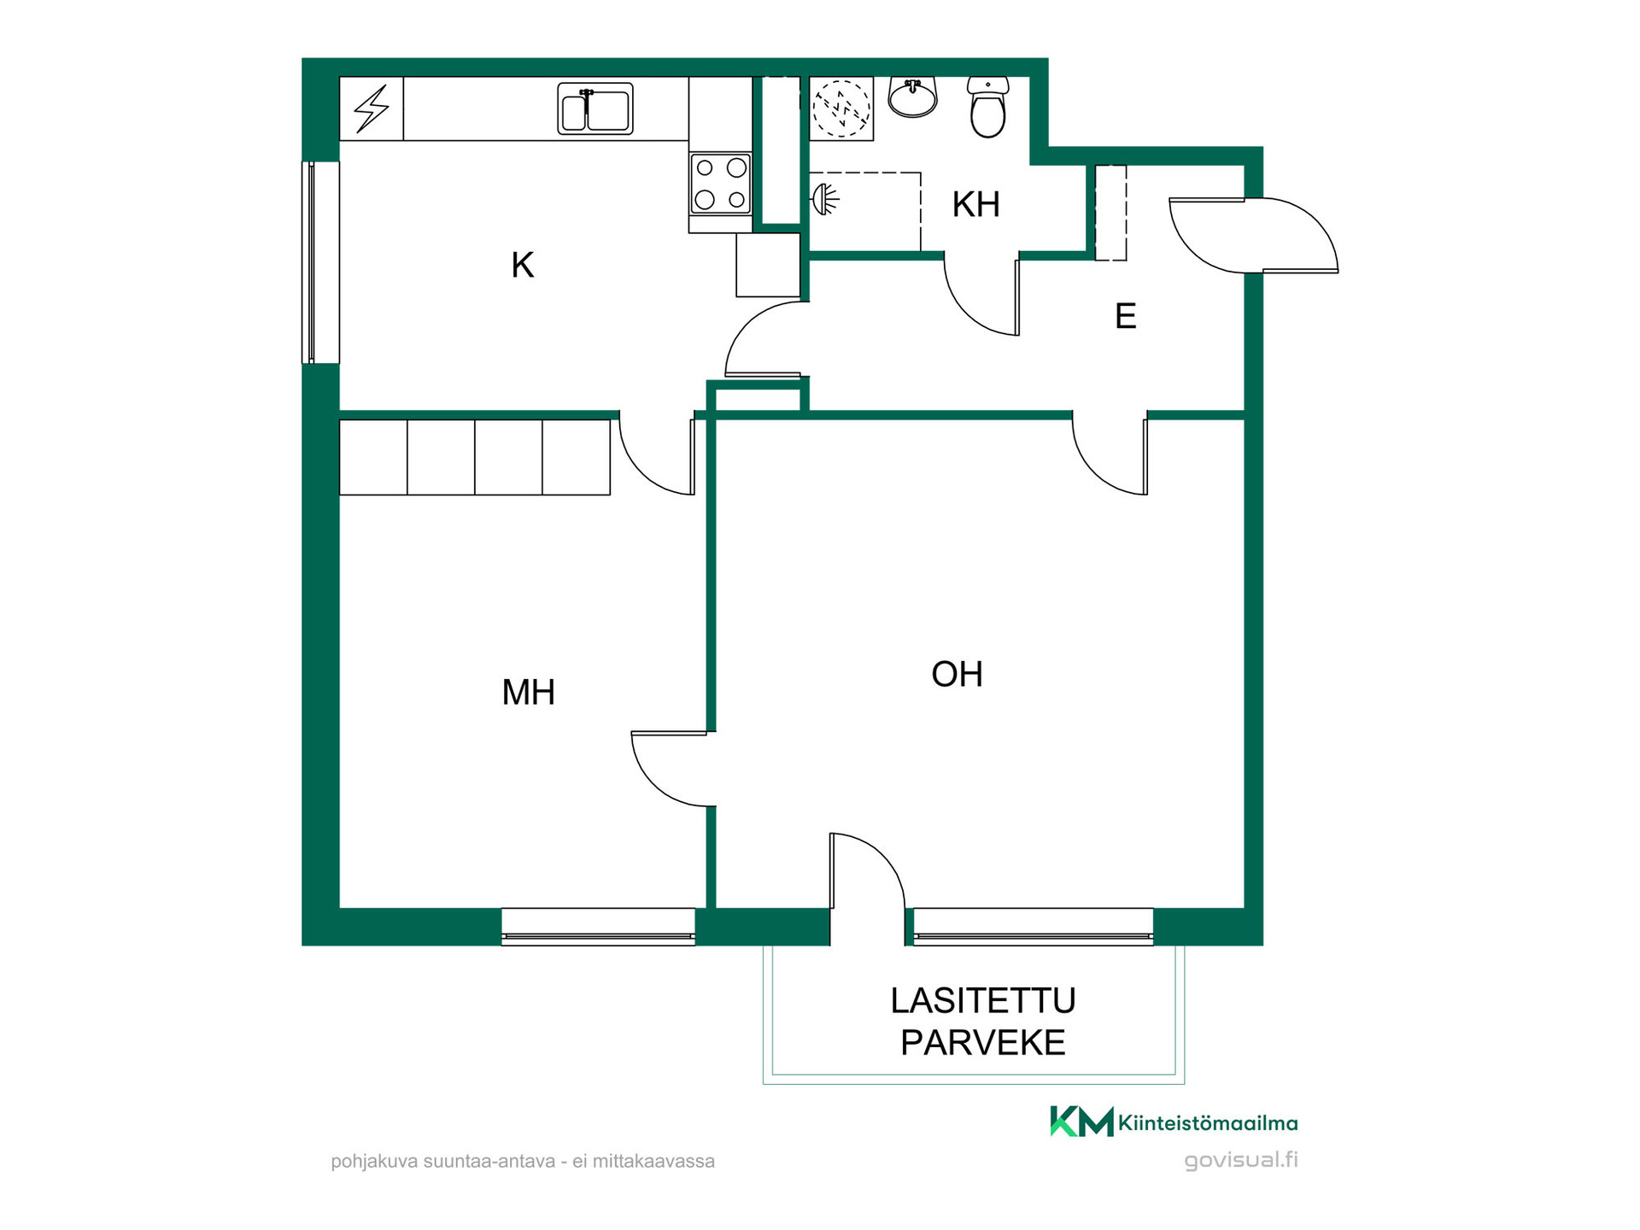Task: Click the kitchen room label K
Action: pyautogui.click(x=523, y=265)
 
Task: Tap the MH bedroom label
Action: pyautogui.click(x=529, y=692)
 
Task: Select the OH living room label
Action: pyautogui.click(x=957, y=674)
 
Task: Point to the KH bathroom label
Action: pyautogui.click(x=975, y=204)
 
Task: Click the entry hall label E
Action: pyautogui.click(x=1126, y=316)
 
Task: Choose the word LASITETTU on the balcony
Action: pyautogui.click(x=983, y=1000)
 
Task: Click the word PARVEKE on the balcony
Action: pyautogui.click(x=983, y=1042)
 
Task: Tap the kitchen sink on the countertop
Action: pyautogui.click(x=595, y=108)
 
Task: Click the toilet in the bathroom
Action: pyautogui.click(x=988, y=107)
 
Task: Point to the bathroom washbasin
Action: pyautogui.click(x=913, y=97)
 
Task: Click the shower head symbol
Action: pyautogui.click(x=824, y=199)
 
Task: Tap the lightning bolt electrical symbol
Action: pyautogui.click(x=372, y=108)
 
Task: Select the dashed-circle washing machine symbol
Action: pyautogui.click(x=841, y=108)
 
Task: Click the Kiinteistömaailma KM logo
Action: pyautogui.click(x=1174, y=1122)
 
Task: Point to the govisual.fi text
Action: pyautogui.click(x=1241, y=1160)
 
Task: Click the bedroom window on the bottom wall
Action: pyautogui.click(x=598, y=927)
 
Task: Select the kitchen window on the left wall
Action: pyautogui.click(x=320, y=262)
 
